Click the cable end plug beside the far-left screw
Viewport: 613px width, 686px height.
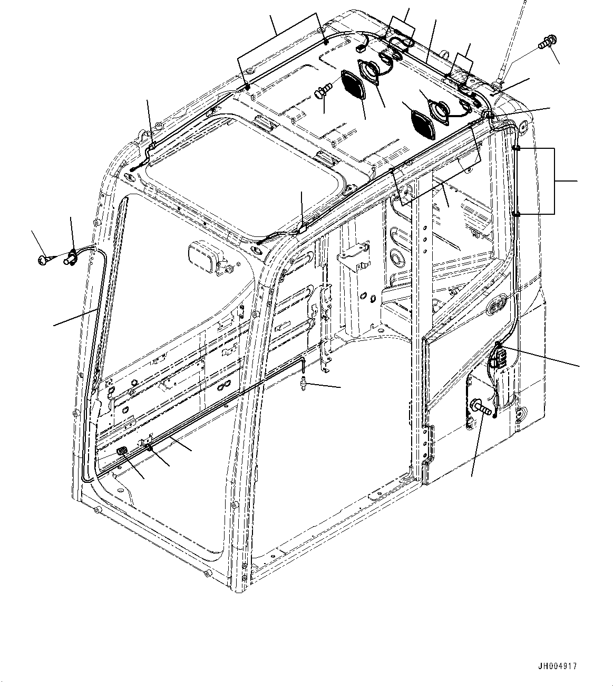tap(70, 258)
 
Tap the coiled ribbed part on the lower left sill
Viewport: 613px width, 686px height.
tap(122, 452)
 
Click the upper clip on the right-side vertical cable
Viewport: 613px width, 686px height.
tap(517, 149)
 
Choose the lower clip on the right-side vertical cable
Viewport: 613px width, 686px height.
tap(517, 213)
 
